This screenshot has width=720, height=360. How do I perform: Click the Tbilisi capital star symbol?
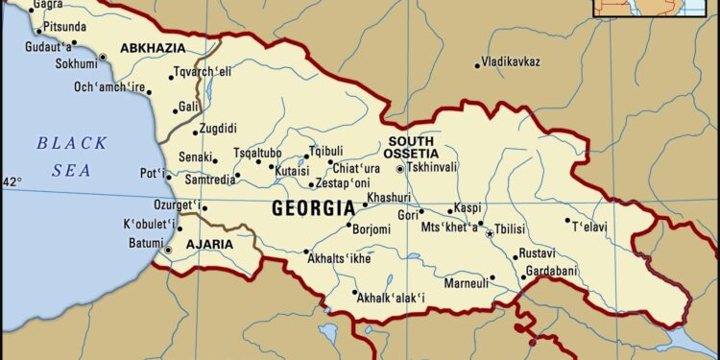pos(489,234)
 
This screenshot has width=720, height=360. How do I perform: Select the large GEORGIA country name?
pos(313,207)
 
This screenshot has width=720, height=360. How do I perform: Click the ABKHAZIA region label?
pos(153,47)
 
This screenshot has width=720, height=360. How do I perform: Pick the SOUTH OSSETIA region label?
pos(411,147)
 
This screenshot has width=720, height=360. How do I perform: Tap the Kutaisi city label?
pos(292,170)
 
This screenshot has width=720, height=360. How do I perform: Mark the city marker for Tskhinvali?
pos(400,169)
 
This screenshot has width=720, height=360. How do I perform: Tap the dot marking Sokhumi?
pos(103,58)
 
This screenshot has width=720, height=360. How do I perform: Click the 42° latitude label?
pos(11,181)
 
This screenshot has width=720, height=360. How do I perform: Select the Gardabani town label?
pos(554,272)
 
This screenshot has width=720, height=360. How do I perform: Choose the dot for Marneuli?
pos(492,278)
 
